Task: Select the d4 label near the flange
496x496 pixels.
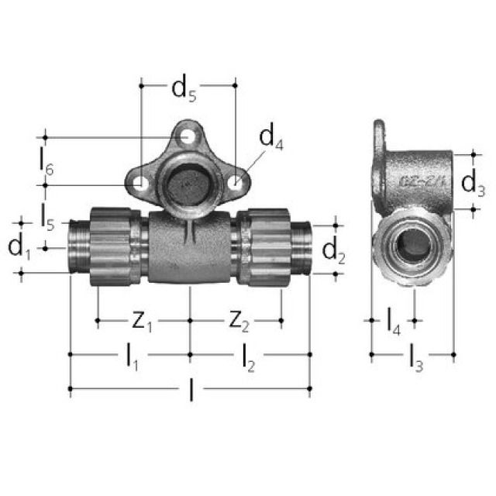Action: point(270,139)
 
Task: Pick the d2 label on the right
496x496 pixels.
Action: point(333,250)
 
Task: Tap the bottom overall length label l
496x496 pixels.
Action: point(191,391)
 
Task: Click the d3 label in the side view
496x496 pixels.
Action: point(474,183)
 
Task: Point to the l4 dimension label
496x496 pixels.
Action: point(394,319)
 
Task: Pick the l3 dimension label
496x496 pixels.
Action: point(415,357)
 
